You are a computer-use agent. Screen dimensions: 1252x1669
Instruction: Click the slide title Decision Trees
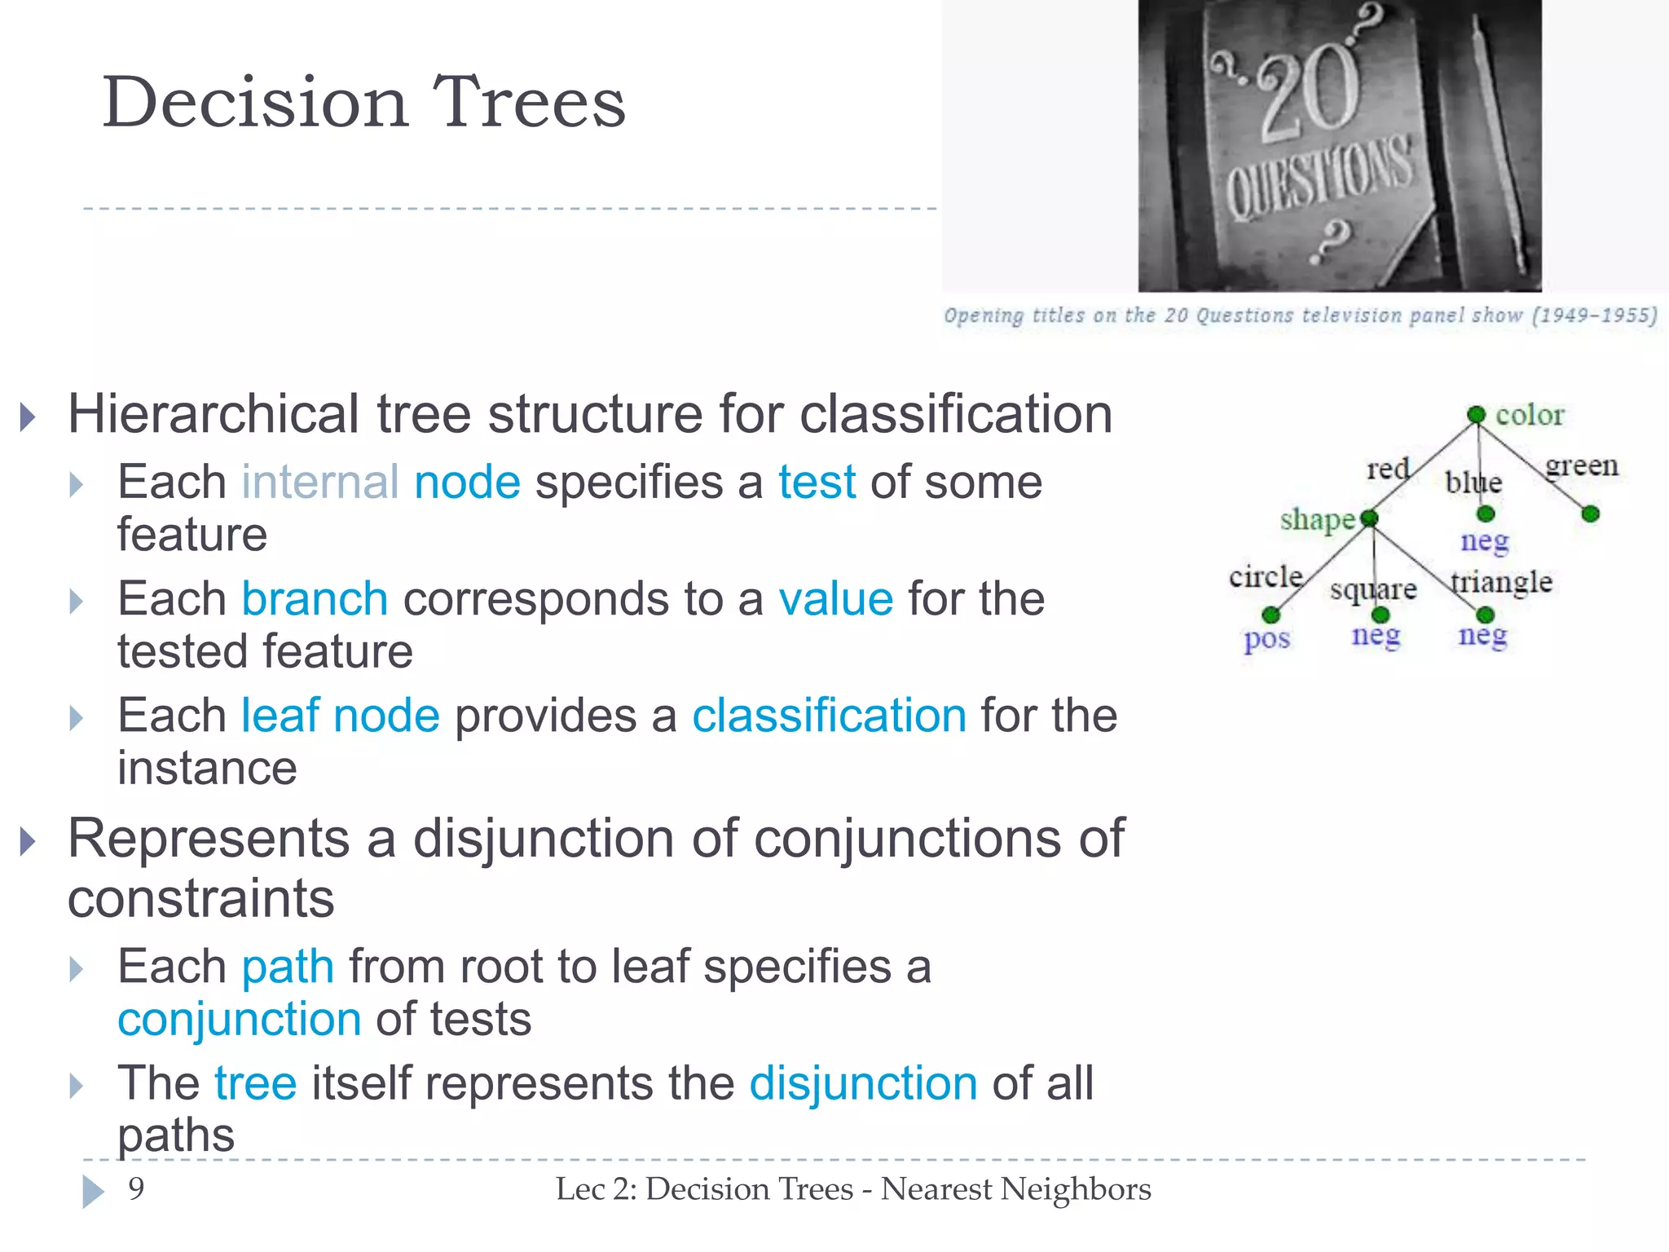click(363, 103)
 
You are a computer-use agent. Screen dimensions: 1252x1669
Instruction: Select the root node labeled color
click(1476, 415)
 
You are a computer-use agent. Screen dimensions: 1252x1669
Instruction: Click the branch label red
click(1387, 469)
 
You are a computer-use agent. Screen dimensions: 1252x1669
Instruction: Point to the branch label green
click(1582, 465)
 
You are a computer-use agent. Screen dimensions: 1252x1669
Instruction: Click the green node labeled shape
click(1370, 518)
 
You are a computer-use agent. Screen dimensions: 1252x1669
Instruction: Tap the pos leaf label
click(1266, 639)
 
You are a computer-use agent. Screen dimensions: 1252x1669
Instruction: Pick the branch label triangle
click(1502, 582)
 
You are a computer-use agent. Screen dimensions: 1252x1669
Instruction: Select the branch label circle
click(1266, 577)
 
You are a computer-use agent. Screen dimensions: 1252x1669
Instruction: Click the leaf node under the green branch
click(1590, 514)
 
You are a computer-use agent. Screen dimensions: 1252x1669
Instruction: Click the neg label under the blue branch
click(1484, 541)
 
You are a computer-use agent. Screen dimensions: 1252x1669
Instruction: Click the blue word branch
click(315, 599)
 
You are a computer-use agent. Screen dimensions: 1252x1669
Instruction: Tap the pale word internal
click(320, 482)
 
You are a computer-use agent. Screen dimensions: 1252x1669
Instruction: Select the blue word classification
click(829, 716)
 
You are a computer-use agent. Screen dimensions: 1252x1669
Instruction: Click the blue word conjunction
click(240, 1019)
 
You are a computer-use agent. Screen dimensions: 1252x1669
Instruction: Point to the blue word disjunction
click(863, 1083)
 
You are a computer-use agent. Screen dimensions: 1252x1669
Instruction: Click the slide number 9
click(136, 1188)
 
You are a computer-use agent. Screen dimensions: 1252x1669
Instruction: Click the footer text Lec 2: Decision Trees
click(704, 1189)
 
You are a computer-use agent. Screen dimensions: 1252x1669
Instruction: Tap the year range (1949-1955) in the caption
click(1594, 315)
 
